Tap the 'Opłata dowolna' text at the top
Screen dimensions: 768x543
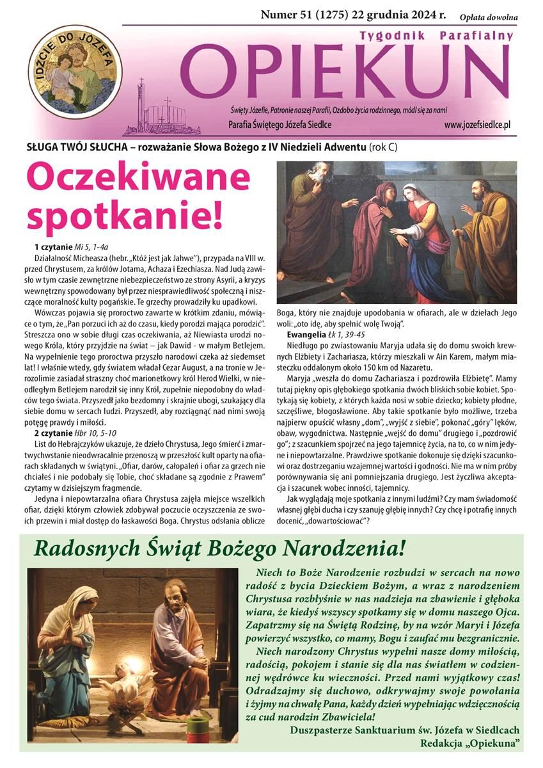pos(489,17)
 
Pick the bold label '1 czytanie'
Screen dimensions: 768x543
pos(54,246)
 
